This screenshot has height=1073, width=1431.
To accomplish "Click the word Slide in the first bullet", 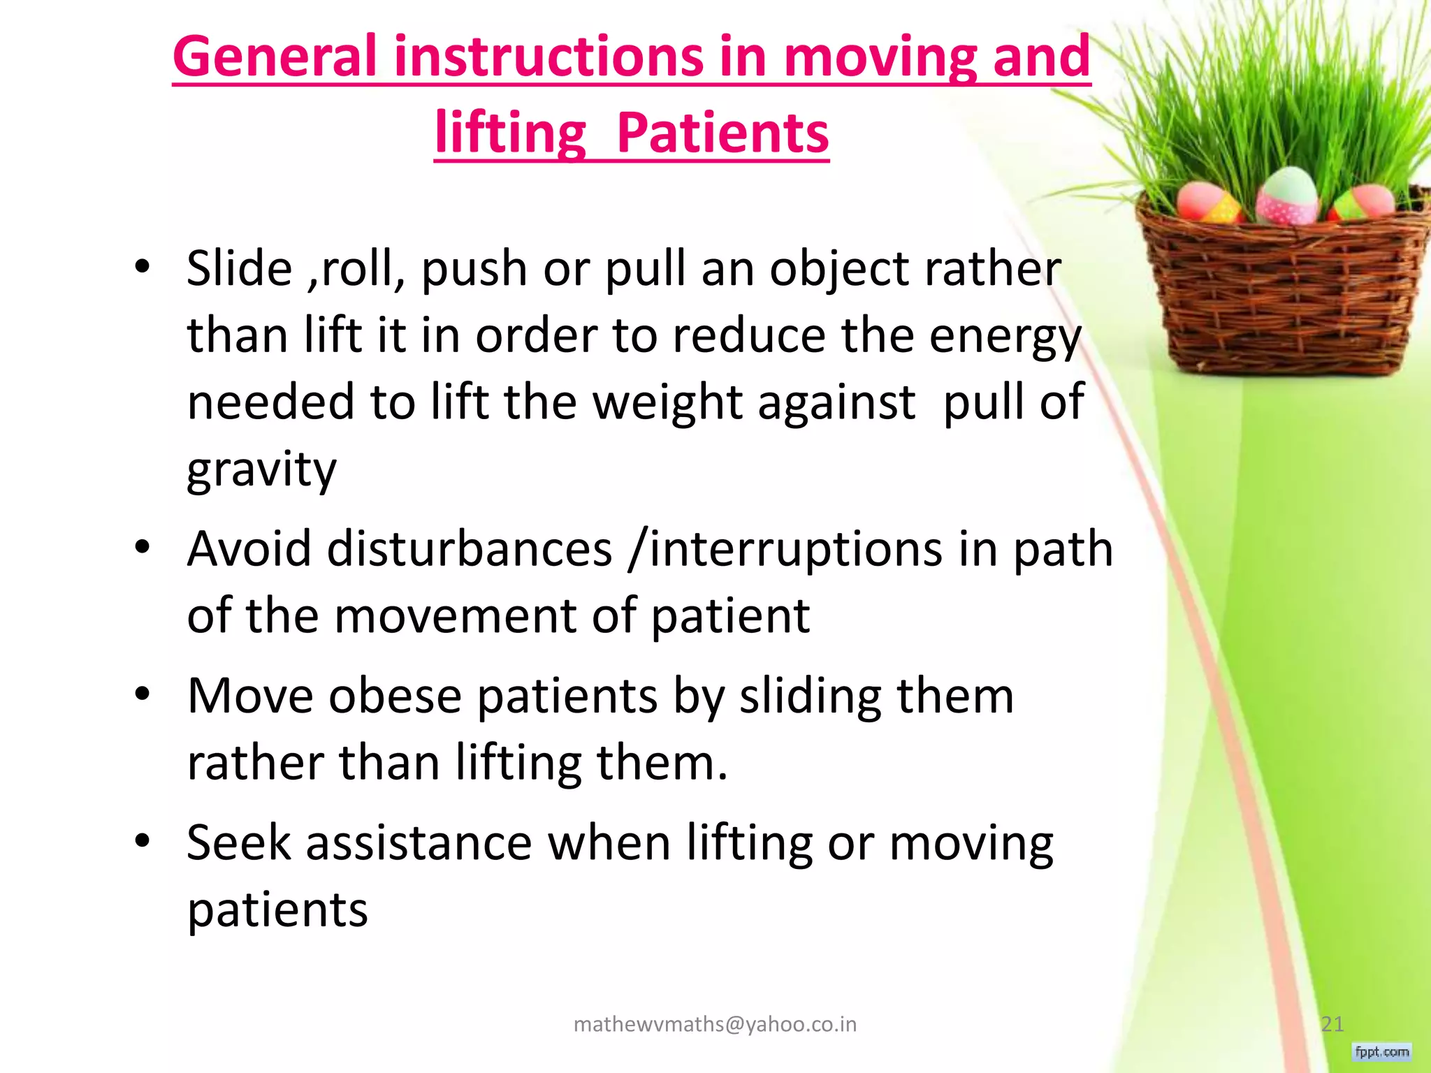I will click(x=239, y=269).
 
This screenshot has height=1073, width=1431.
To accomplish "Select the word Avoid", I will click(x=249, y=549).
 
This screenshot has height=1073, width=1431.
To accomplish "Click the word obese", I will click(x=395, y=696).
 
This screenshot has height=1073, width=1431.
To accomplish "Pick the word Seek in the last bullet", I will click(x=238, y=843).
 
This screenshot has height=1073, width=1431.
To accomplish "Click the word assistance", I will click(x=419, y=843).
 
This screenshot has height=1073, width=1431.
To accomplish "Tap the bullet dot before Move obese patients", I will click(x=143, y=695).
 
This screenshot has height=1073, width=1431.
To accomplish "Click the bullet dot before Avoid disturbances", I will click(x=143, y=548).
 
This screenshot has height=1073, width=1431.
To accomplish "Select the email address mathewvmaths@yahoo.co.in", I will click(x=714, y=1024).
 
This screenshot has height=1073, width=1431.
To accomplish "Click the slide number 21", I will click(x=1332, y=1024).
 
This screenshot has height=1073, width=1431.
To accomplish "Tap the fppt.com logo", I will click(x=1381, y=1051).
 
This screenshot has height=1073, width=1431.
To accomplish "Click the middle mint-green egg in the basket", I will click(x=1287, y=196).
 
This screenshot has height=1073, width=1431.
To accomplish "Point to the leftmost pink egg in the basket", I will click(x=1207, y=203).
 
